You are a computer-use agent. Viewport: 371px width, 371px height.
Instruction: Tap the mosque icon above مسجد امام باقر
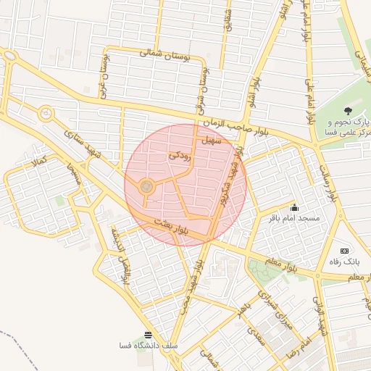[293, 208]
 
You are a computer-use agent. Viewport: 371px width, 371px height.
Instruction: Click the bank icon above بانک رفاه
[344, 250]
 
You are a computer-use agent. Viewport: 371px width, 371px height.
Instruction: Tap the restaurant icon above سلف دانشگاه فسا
[149, 335]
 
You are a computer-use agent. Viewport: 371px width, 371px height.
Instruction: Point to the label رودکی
[180, 154]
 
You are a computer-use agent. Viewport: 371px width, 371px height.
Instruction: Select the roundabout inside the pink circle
[147, 188]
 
